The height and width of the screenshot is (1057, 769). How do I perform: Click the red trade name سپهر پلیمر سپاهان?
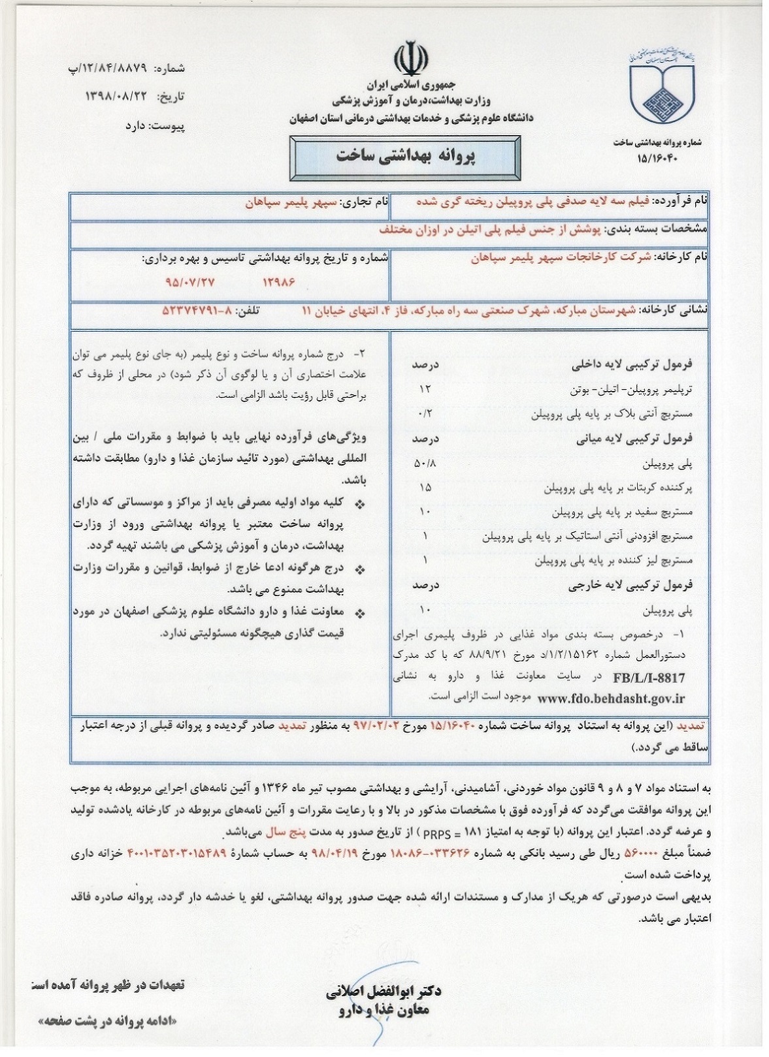click(290, 202)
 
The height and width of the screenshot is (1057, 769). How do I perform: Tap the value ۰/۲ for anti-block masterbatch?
click(425, 414)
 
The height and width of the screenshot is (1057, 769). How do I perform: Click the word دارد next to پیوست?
click(138, 126)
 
